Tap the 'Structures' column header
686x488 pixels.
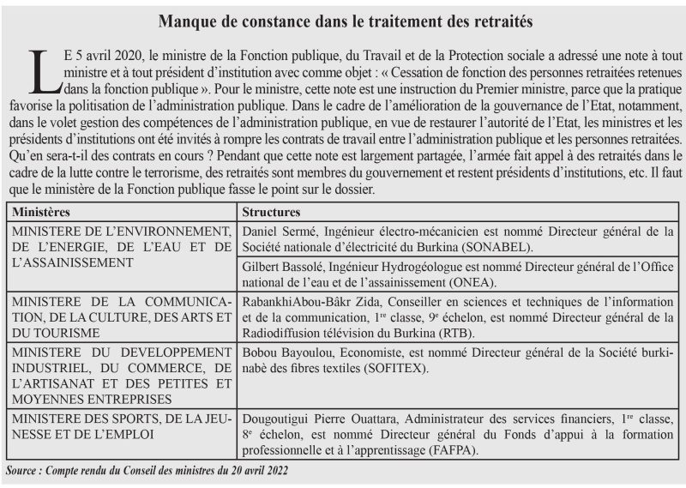coord(271,211)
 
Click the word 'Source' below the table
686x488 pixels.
coord(25,470)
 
